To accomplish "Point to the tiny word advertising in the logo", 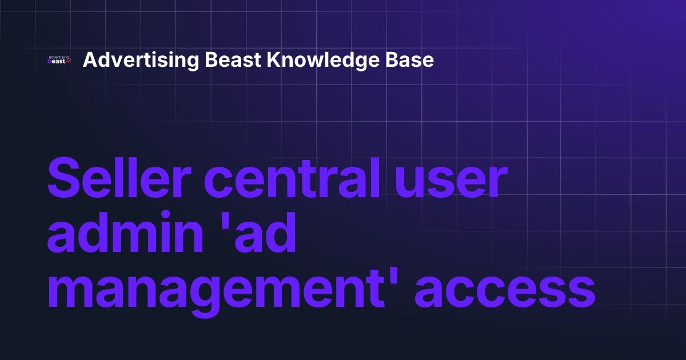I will coord(59,57).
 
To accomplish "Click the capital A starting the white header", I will coord(89,59).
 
